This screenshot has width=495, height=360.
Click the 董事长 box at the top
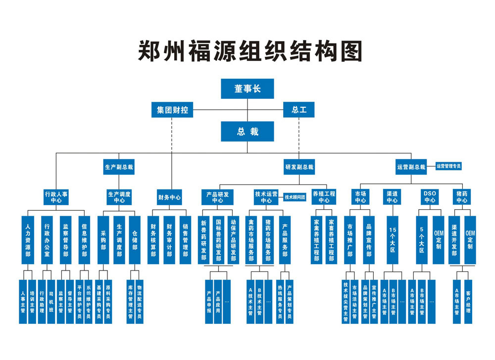click(x=247, y=89)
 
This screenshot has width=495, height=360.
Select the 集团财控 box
click(x=172, y=110)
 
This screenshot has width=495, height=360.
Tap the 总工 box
click(x=298, y=110)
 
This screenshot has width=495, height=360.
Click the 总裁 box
click(x=247, y=132)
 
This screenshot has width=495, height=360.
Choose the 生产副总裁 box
click(x=119, y=167)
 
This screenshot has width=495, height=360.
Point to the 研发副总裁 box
click(x=299, y=167)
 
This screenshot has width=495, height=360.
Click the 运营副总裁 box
click(x=411, y=167)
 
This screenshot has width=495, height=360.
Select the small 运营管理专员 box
click(x=448, y=166)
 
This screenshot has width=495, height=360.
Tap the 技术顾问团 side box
click(x=295, y=197)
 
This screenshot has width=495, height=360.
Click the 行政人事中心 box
click(x=56, y=197)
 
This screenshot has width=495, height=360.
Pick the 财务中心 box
click(x=169, y=197)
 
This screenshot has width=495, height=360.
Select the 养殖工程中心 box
click(x=324, y=197)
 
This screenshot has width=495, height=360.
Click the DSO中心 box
click(x=429, y=197)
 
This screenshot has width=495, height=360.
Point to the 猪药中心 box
click(x=462, y=197)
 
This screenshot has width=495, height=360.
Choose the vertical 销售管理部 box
click(x=185, y=240)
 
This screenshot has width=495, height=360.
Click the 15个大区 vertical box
click(x=393, y=240)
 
